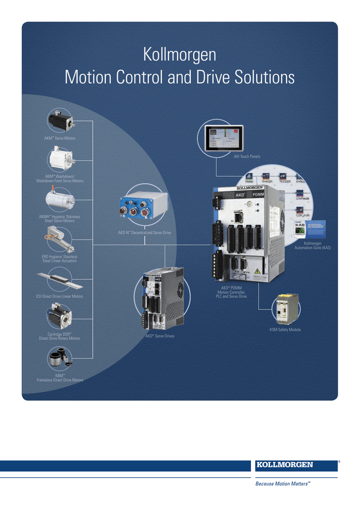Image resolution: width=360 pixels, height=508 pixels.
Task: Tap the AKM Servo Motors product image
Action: (x=61, y=120)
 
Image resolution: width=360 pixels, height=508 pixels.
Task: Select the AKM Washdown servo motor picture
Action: (x=61, y=158)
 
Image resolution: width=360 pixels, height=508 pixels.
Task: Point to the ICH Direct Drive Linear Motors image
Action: (x=60, y=280)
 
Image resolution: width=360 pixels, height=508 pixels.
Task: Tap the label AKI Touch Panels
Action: (x=247, y=157)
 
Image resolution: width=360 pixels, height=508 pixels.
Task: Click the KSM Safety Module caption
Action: (x=285, y=329)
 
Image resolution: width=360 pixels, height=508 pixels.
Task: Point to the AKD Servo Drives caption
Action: (x=159, y=336)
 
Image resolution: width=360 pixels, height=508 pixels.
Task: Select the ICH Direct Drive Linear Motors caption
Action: (x=60, y=296)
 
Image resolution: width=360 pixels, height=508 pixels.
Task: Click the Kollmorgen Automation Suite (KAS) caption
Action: (x=312, y=246)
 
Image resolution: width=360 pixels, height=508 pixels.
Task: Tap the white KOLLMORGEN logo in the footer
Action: (x=291, y=465)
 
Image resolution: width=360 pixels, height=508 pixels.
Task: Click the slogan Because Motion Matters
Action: (x=283, y=483)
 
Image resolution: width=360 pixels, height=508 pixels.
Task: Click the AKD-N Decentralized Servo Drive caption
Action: (x=144, y=232)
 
